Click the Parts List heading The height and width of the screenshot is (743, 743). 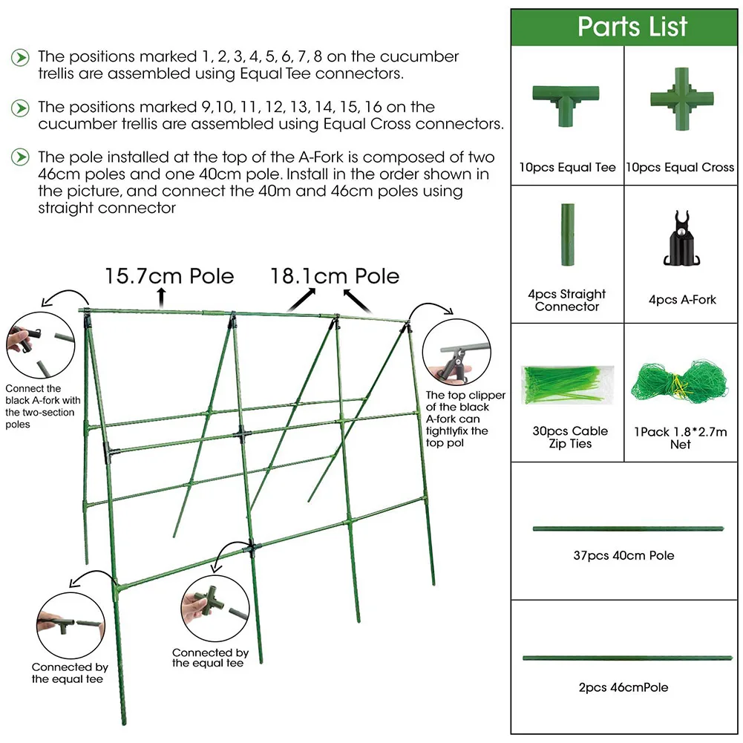click(x=632, y=27)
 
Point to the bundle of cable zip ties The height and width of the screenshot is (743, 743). click(x=568, y=383)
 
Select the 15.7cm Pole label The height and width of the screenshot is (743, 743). click(x=169, y=277)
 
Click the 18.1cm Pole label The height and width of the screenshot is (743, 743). click(x=335, y=277)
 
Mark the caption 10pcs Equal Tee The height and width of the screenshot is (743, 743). click(x=568, y=168)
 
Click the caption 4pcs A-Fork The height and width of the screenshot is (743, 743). click(x=681, y=300)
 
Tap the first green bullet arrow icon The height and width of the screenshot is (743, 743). click(x=22, y=57)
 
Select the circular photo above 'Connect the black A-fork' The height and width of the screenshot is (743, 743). click(x=38, y=347)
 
